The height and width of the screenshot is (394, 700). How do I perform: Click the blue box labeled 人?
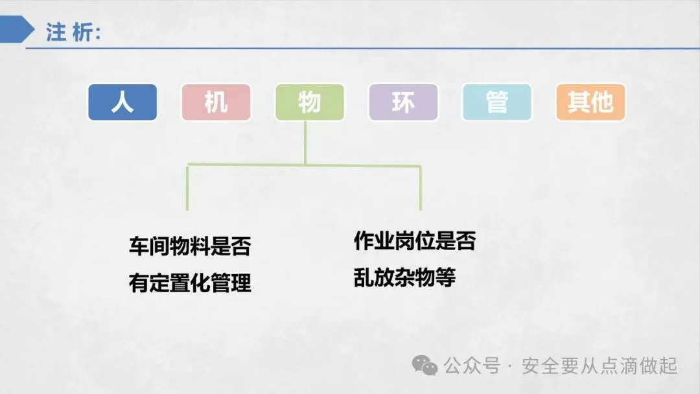tap(122, 102)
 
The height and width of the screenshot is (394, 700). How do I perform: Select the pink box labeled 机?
tap(216, 102)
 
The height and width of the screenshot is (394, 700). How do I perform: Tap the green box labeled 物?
tap(309, 102)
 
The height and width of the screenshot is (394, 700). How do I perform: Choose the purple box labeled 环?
tap(402, 102)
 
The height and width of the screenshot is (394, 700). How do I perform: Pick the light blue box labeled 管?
tap(496, 102)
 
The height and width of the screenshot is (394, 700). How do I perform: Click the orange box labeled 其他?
tap(590, 102)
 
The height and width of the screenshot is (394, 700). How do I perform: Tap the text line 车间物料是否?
tap(189, 246)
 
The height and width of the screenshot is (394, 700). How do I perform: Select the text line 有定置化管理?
tap(189, 283)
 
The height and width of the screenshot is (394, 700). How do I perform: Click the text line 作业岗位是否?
tap(414, 241)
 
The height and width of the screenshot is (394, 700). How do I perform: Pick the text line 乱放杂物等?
tap(404, 278)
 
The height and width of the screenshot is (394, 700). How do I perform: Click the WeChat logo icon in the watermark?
tap(425, 366)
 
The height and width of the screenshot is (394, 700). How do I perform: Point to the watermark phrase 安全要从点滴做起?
tap(600, 366)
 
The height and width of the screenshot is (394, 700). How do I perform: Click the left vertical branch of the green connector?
tap(187, 188)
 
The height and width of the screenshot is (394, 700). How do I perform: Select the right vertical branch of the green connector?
tap(421, 188)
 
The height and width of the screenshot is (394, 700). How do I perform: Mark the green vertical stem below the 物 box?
tap(305, 143)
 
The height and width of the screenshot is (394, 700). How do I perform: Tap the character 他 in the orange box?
tap(602, 102)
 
